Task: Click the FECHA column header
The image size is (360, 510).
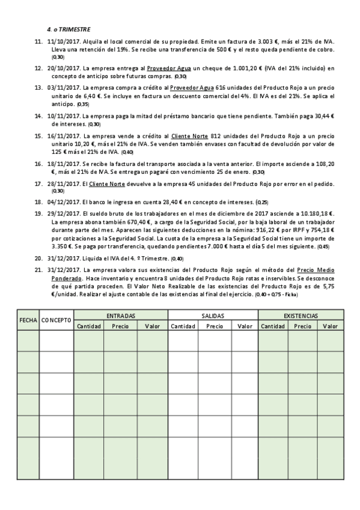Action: click(x=28, y=320)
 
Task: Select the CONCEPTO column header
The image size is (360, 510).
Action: click(x=56, y=320)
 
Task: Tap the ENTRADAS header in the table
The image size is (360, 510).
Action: click(x=121, y=315)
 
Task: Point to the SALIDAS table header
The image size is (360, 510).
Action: click(x=213, y=315)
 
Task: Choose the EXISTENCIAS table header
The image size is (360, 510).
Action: click(x=301, y=315)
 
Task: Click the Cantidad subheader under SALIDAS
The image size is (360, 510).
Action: click(x=183, y=325)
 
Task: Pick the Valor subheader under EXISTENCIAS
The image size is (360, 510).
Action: click(x=330, y=325)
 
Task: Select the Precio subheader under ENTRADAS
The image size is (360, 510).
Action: click(x=120, y=325)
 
